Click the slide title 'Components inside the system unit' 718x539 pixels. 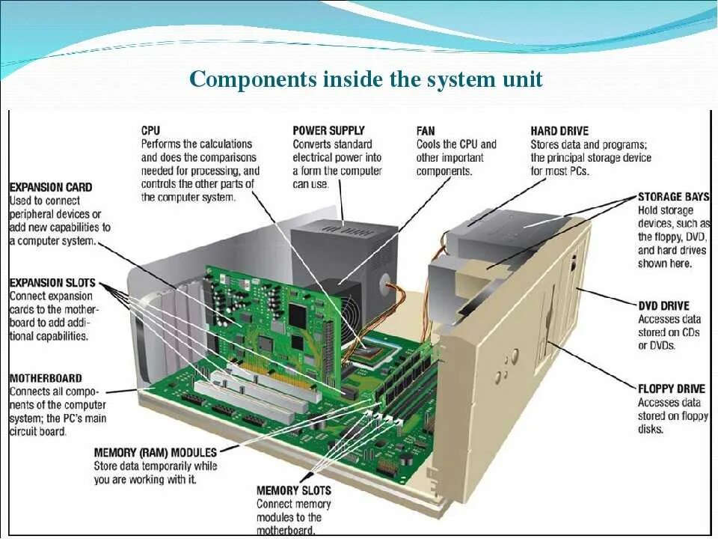366,79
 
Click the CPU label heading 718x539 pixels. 150,130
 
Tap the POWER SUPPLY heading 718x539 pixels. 328,130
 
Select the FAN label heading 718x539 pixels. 426,130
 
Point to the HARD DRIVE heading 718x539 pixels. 559,130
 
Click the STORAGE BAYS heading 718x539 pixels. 673,197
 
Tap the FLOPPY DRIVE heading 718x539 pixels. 671,389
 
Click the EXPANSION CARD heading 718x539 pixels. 51,187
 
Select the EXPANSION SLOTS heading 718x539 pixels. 52,282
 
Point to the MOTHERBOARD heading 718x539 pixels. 46,378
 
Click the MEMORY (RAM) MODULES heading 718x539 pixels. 156,452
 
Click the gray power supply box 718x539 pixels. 329,247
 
